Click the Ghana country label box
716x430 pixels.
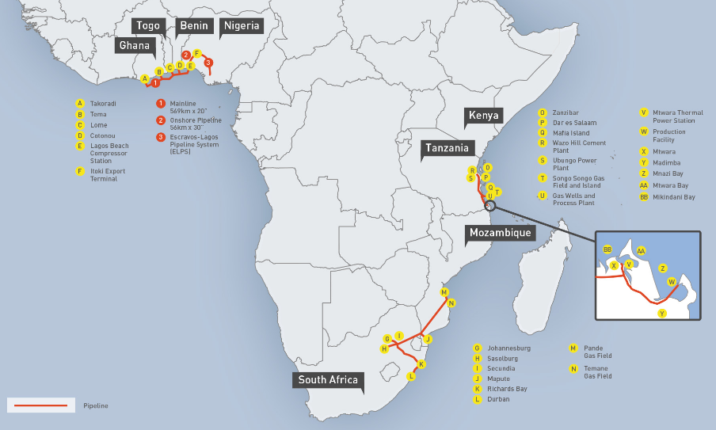pyautogui.click(x=134, y=45)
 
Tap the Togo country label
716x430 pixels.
pyautogui.click(x=148, y=25)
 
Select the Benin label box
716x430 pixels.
pyautogui.click(x=194, y=25)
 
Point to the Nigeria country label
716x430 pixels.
pyautogui.click(x=241, y=25)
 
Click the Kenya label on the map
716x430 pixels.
pyautogui.click(x=484, y=116)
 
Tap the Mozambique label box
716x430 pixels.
pyautogui.click(x=500, y=233)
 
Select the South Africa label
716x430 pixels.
pyautogui.click(x=328, y=380)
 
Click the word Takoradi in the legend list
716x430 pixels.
pyautogui.click(x=102, y=104)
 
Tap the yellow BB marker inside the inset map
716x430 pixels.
pyautogui.click(x=607, y=249)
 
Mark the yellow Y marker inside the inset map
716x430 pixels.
pyautogui.click(x=662, y=314)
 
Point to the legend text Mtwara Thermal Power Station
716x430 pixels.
pyautogui.click(x=673, y=116)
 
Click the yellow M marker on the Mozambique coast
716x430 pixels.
pyautogui.click(x=444, y=292)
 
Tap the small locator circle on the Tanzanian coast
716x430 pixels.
pyautogui.click(x=491, y=204)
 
